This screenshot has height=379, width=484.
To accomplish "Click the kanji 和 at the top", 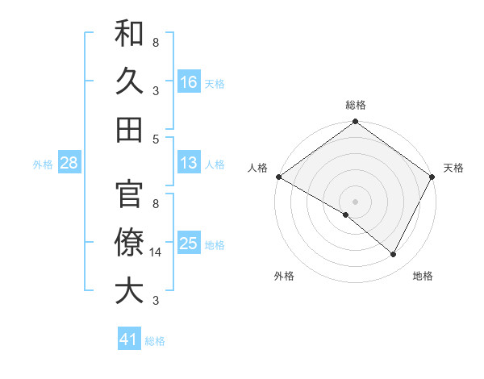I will [x=129, y=35].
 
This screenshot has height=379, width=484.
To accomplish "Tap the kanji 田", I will [x=129, y=129].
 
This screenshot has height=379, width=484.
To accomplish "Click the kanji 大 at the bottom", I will [x=129, y=291].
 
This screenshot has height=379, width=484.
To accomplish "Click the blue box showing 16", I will [x=189, y=82].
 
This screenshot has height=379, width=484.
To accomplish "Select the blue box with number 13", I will [x=189, y=164].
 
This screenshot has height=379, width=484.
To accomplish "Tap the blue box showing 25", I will [x=189, y=244].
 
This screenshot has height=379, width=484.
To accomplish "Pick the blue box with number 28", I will [x=69, y=164].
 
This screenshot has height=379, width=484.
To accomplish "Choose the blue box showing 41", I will [x=129, y=340].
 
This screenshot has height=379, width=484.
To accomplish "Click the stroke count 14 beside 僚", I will [x=156, y=252].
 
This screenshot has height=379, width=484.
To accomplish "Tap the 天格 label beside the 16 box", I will [x=215, y=83].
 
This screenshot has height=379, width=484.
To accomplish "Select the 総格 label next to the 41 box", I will [x=155, y=341].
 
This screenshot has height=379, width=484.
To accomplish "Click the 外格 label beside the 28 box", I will [x=43, y=165].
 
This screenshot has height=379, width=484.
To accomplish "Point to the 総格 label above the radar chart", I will [x=356, y=105].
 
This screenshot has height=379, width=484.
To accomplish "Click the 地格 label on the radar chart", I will [x=423, y=276].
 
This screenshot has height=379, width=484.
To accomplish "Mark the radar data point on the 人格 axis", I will [x=278, y=177].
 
